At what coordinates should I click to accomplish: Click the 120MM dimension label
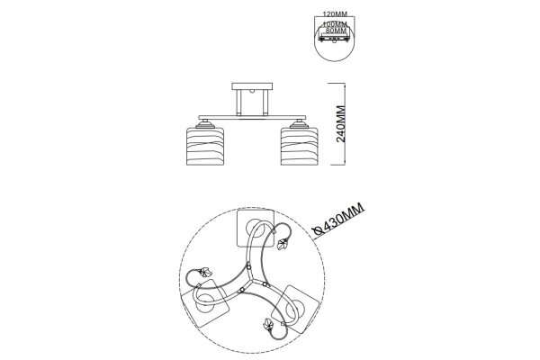click(335, 14)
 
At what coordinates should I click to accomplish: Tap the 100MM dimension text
click(335, 24)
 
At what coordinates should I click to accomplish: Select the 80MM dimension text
click(336, 31)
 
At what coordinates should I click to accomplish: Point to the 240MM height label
click(340, 124)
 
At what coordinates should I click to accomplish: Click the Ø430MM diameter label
click(338, 219)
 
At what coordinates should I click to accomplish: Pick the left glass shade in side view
click(205, 146)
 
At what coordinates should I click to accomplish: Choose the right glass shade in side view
click(300, 146)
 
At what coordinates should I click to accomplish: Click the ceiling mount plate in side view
click(252, 86)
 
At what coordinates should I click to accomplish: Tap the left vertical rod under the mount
click(238, 103)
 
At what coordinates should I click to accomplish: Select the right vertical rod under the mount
click(265, 103)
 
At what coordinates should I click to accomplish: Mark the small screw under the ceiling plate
click(252, 92)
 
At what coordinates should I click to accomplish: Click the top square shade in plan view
click(256, 228)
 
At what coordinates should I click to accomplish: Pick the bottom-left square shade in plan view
click(205, 303)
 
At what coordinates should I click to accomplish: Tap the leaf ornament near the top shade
click(283, 244)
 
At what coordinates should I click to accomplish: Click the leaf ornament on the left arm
click(205, 272)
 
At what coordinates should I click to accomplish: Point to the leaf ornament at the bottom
click(267, 325)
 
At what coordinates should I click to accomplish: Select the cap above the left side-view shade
click(205, 123)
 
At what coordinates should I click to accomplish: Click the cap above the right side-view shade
click(300, 123)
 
